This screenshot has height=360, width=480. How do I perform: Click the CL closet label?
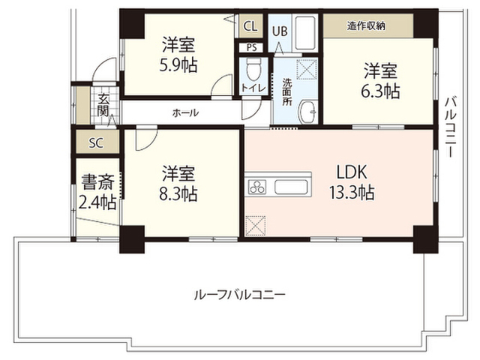(x=250, y=26)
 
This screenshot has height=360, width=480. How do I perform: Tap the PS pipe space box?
(x=252, y=48)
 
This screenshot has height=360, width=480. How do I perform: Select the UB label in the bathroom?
(x=280, y=31)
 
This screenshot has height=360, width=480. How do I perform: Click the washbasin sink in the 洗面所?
(x=308, y=112)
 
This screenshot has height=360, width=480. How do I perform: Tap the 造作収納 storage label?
(x=366, y=26)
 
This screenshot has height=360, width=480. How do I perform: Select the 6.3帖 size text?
(x=380, y=91)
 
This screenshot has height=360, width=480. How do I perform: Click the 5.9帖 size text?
(x=178, y=64)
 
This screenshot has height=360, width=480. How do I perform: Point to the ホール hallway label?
(x=185, y=113)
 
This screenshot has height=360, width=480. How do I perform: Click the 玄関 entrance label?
(x=103, y=105)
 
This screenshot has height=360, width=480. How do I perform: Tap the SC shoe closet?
(x=97, y=142)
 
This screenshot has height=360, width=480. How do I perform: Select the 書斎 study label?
(x=98, y=181)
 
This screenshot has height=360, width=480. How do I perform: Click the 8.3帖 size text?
(x=178, y=193)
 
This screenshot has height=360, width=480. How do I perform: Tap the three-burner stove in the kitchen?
(x=257, y=187)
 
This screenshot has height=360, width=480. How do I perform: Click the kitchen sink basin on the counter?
(x=291, y=187)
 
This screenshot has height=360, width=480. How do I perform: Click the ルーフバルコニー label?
(x=240, y=295)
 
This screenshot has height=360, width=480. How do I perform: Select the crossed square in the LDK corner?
(x=256, y=226)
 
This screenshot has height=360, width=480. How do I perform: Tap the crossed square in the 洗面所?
(x=307, y=70)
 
